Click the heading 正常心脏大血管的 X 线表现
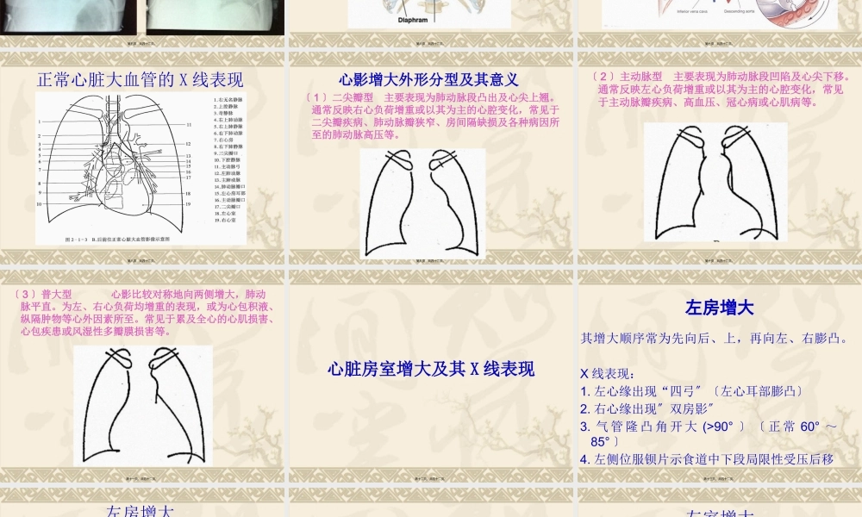coord(141,80)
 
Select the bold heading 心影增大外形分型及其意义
coord(428,80)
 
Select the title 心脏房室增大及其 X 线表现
coord(430,369)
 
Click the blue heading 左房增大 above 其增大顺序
coord(719,308)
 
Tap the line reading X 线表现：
coord(609,374)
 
